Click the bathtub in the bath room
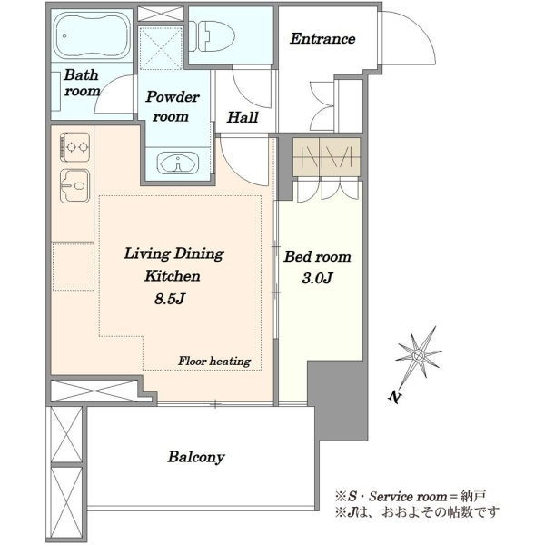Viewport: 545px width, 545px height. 94,35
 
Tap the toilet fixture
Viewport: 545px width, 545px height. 212,36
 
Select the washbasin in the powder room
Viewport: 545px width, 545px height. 178,163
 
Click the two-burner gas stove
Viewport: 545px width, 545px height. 74,147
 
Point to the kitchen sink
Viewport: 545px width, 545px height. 75,186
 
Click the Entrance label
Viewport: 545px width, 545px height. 322,38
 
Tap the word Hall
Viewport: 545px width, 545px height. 243,117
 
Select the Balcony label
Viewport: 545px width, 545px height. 196,457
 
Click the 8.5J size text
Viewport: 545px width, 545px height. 170,299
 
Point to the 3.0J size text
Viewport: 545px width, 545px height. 317,278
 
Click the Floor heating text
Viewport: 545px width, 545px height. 214,361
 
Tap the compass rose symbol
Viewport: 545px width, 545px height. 419,355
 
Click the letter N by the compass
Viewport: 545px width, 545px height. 394,397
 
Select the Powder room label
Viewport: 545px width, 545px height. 173,106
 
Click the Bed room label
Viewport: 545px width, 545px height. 317,257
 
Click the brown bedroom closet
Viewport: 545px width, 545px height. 326,157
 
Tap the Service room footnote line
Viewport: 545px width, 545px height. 411,496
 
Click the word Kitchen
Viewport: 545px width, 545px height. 173,276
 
